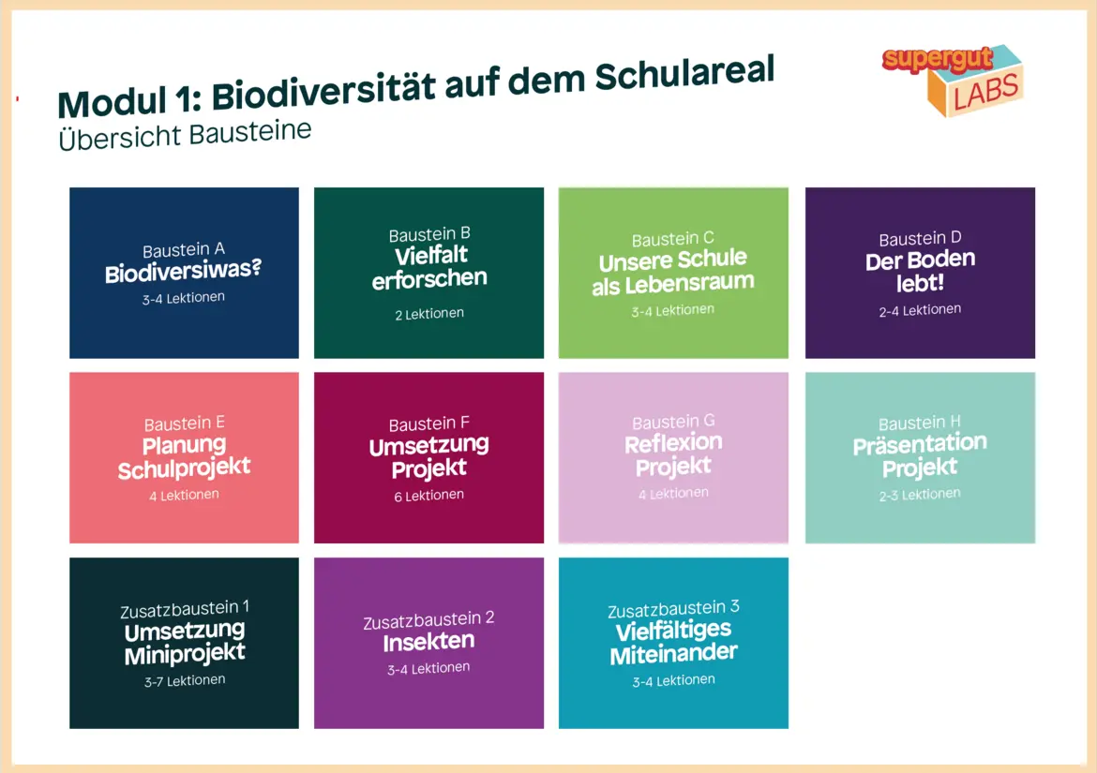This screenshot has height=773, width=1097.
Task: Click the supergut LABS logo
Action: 953,80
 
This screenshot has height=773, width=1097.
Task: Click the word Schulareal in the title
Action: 685,74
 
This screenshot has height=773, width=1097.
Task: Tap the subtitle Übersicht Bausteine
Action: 185,134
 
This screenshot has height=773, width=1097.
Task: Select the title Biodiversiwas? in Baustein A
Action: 183,271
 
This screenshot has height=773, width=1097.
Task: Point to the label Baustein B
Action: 429,234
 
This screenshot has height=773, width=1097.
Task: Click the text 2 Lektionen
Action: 429,314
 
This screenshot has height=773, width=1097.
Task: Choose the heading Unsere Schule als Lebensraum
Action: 673,272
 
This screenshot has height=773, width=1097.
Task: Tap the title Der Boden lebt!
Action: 920,271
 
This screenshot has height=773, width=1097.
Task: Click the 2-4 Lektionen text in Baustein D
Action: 920,309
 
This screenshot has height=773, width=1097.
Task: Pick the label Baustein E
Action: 184,424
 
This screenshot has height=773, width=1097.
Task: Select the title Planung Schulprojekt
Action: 184,457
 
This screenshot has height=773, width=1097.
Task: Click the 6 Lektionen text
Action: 428,496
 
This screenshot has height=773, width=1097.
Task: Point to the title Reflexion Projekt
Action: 674,454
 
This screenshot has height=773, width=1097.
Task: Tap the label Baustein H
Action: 919,423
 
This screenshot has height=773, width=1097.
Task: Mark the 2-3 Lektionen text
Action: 920,495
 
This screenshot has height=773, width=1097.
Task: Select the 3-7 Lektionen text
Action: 185,681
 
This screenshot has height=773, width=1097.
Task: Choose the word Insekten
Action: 428,642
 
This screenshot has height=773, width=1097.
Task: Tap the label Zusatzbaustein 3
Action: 674,609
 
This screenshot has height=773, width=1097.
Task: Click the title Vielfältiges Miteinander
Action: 674,642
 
